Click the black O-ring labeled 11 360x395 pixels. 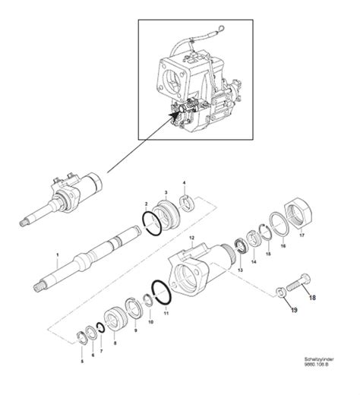[x=160, y=291]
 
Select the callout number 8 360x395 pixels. [x=115, y=343]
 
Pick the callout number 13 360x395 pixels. [x=238, y=270]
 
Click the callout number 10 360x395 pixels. [x=150, y=321]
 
